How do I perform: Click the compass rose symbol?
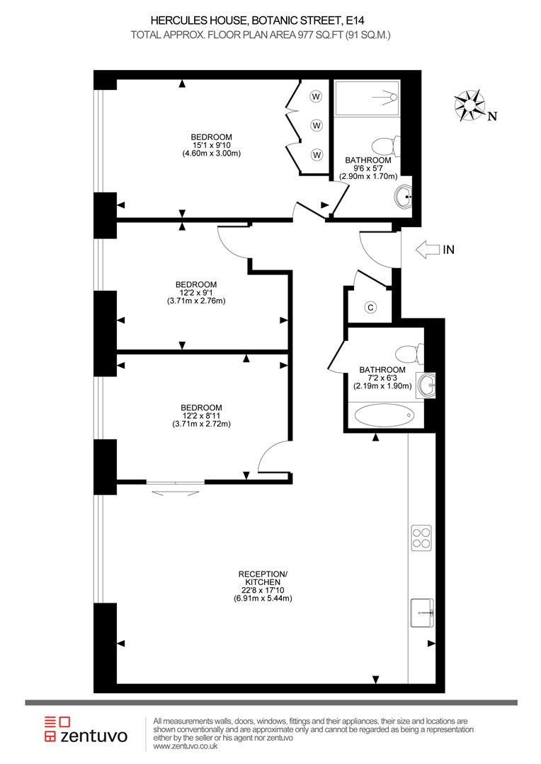pyautogui.click(x=471, y=105)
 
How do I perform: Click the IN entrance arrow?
pyautogui.click(x=426, y=249)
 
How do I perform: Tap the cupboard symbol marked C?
pyautogui.click(x=370, y=307)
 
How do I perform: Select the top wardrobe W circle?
pyautogui.click(x=316, y=96)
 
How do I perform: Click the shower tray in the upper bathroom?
pyautogui.click(x=367, y=98)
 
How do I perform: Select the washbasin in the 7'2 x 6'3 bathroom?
pyautogui.click(x=426, y=385)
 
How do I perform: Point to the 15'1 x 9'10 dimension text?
pyautogui.click(x=211, y=145)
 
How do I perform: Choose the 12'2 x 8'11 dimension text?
pyautogui.click(x=201, y=416)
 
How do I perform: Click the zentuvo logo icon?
pyautogui.click(x=58, y=729)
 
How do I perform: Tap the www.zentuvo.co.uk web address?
pyautogui.click(x=186, y=746)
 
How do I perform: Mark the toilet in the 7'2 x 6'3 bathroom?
pyautogui.click(x=408, y=352)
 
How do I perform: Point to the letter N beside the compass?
pyautogui.click(x=493, y=117)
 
